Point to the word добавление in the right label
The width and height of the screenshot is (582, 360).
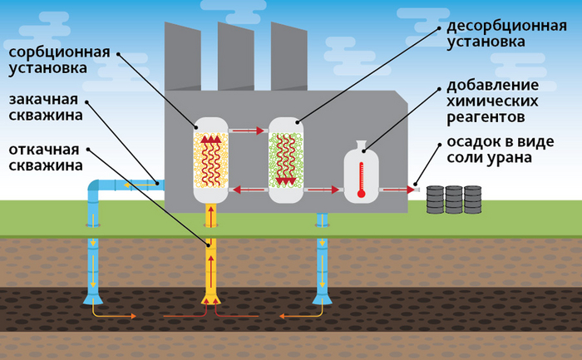tap(492, 85)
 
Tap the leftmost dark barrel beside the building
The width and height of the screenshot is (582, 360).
tap(435, 199)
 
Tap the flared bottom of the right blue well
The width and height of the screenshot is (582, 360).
tap(321, 296)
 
